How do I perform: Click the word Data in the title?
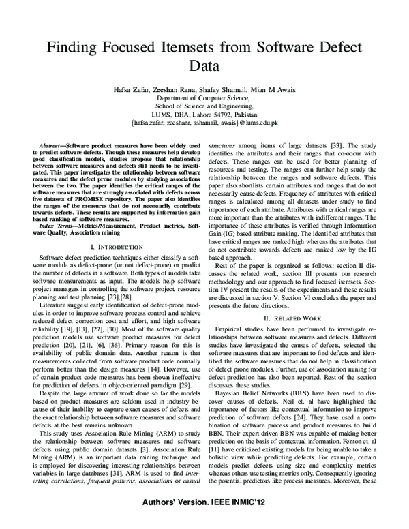[204, 67]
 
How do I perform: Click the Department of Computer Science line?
[204, 98]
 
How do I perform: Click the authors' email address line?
[204, 125]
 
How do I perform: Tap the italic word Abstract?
[50, 147]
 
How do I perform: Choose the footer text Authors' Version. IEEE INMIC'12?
[257, 518]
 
